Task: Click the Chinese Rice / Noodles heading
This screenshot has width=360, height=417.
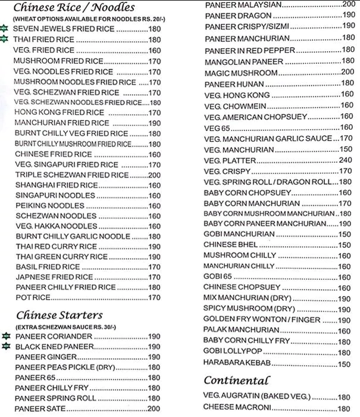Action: (74, 8)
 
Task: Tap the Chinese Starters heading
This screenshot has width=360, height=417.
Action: (60, 315)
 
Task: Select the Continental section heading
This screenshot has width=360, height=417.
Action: (236, 379)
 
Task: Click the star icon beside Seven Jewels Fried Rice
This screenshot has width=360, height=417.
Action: (5, 29)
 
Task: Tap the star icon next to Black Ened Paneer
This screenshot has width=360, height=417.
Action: (5, 346)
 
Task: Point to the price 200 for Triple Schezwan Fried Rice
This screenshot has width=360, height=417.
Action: (154, 175)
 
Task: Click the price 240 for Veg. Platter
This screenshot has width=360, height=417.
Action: (345, 160)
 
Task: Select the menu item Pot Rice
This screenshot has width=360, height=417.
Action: (33, 297)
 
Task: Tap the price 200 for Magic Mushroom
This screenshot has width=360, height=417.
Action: (348, 72)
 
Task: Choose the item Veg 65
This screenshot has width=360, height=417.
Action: (216, 127)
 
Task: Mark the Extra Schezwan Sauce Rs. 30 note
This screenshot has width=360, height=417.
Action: (65, 327)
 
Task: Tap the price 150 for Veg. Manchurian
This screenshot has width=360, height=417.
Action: (346, 149)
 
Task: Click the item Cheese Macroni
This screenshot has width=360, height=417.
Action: (237, 407)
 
